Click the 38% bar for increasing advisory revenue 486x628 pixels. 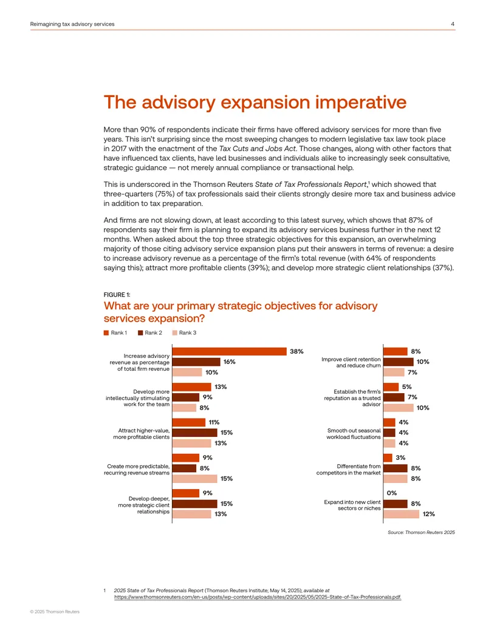click(x=230, y=351)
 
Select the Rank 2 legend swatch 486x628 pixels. click(x=140, y=333)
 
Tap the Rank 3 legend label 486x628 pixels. click(x=188, y=333)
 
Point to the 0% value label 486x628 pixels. click(x=392, y=493)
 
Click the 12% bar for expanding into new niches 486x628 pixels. click(x=402, y=514)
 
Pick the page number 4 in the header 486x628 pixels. click(x=453, y=24)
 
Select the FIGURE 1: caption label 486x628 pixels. click(x=117, y=295)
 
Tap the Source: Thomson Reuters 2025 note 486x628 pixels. click(x=421, y=532)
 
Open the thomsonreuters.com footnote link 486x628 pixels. click(x=258, y=597)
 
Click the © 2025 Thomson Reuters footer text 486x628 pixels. click(x=55, y=612)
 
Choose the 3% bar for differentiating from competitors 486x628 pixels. click(x=388, y=457)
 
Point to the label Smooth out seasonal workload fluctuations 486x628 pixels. click(x=354, y=434)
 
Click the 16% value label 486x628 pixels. click(x=230, y=362)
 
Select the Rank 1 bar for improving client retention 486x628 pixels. click(x=395, y=351)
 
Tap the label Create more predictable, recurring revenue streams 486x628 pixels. click(x=137, y=470)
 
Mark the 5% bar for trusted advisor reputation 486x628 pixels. click(x=391, y=387)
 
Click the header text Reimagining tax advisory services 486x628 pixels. click(x=72, y=24)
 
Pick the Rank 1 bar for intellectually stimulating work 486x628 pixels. click(x=192, y=387)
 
